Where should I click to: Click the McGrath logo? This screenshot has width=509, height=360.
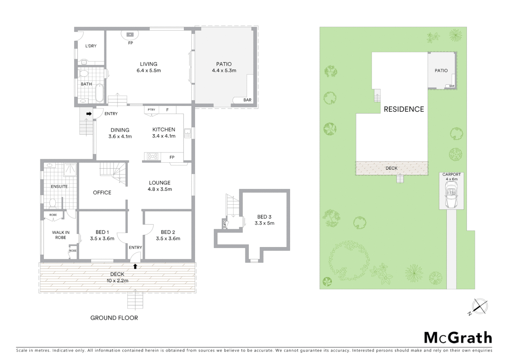[x=458, y=338]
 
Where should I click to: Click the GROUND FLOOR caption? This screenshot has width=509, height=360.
[x=114, y=318]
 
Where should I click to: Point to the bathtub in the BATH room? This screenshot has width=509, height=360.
[x=99, y=93]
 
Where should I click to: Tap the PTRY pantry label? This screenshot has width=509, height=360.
[x=151, y=110]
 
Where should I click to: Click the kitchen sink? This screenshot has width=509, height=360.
[x=187, y=133]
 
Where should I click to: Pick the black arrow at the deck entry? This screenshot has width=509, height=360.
[x=135, y=266]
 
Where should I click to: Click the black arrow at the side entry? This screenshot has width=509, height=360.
[x=89, y=114]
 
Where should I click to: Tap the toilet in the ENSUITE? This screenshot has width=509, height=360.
[x=52, y=202]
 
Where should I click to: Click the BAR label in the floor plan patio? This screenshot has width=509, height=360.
[x=247, y=100]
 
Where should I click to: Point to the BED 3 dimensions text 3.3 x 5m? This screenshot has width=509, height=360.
[x=264, y=223]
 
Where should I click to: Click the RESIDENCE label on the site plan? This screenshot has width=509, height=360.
[x=404, y=109]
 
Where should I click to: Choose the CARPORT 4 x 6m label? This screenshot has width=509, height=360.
[x=451, y=177]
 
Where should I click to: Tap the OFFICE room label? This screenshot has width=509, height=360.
[x=102, y=193]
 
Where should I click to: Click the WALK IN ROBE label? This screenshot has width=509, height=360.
[x=61, y=235]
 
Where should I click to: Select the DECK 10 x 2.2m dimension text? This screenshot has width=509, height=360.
[x=117, y=281]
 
